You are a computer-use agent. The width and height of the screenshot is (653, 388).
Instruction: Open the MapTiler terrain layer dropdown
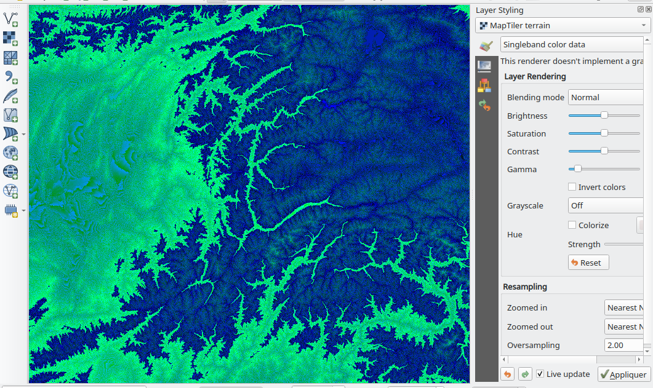[x=563, y=25]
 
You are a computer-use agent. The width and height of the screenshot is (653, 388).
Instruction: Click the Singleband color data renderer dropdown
[x=572, y=44]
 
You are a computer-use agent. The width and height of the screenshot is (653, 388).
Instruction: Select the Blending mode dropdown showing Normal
[x=606, y=97]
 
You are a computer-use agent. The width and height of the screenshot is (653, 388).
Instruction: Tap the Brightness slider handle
[x=604, y=115]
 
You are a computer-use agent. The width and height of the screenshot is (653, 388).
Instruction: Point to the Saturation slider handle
[x=604, y=133]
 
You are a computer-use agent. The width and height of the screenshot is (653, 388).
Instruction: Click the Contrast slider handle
[x=604, y=151]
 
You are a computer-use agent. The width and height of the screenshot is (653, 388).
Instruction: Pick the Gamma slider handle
[x=578, y=168]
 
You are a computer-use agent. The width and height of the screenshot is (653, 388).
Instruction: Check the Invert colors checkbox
[x=572, y=187]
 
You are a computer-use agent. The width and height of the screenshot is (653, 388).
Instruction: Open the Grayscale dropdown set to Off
[x=606, y=205]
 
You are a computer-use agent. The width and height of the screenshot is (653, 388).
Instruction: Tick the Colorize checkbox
[x=572, y=225]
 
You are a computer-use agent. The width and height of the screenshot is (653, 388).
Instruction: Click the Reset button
[x=588, y=263]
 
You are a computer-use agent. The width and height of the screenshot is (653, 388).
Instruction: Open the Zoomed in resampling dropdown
[x=624, y=307]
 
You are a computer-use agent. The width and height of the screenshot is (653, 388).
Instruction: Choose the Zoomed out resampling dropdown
[x=624, y=327]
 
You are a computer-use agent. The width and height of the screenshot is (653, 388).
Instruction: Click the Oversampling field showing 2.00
[x=623, y=345]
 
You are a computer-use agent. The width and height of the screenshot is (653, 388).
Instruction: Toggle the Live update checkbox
[x=540, y=374]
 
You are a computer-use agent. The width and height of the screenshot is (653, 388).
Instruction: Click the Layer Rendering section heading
[x=535, y=76]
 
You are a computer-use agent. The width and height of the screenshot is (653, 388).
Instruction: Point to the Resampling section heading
[x=525, y=287]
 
